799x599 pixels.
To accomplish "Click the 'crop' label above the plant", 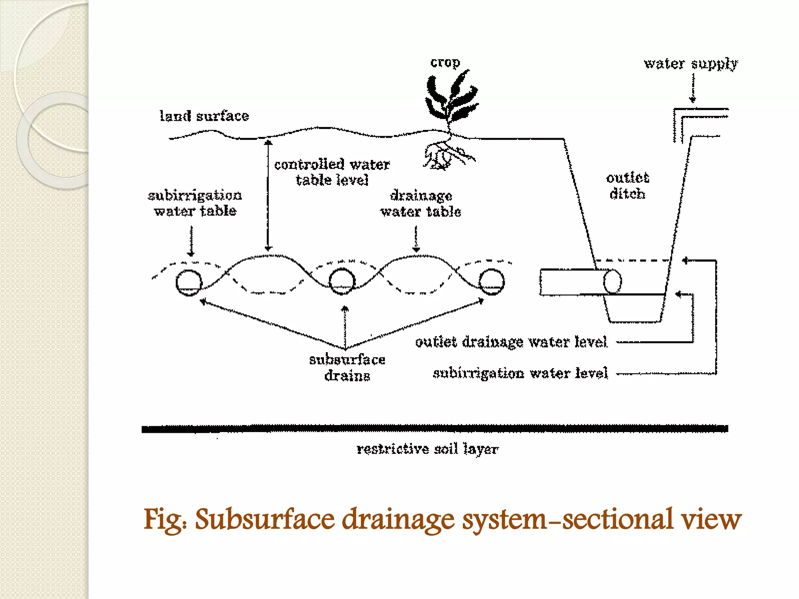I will tap(445, 62).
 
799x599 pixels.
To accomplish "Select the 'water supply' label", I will tap(691, 64).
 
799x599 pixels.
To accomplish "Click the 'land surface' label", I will tap(204, 116).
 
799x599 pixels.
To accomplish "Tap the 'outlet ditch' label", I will tap(627, 186).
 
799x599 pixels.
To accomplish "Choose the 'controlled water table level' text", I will tap(332, 172).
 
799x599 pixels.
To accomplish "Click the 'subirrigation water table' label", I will tap(195, 203).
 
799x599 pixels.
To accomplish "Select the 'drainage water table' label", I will tap(421, 204).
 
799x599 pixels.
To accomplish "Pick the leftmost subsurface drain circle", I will tap(189, 282).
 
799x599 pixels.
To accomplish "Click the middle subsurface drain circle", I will tap(342, 282).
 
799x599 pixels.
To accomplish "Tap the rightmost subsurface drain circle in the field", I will tap(492, 282).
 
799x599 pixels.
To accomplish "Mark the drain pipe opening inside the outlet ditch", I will tap(612, 281).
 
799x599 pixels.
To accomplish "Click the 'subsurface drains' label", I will tap(347, 367).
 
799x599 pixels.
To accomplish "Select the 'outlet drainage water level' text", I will tap(511, 342).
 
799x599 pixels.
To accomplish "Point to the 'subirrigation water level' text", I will tap(520, 373).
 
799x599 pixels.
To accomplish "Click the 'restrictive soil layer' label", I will tap(428, 449).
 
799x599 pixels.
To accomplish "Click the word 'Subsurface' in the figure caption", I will tap(265, 519).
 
